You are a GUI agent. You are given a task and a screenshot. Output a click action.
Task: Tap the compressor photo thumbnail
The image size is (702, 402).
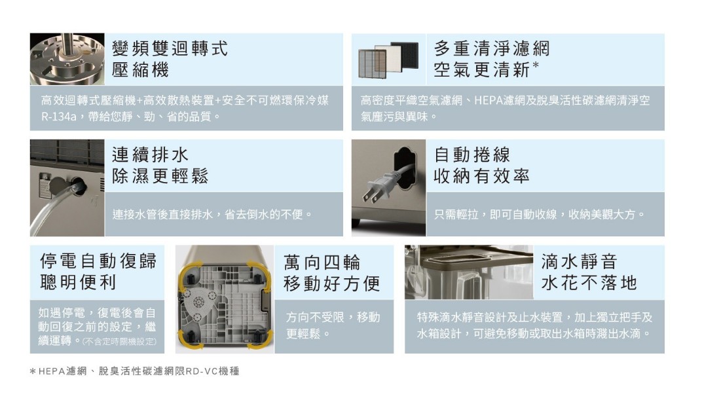(67, 59)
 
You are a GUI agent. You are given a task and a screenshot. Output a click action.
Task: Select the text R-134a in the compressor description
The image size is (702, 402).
(59, 117)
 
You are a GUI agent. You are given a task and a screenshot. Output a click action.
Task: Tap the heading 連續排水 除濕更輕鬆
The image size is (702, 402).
(160, 165)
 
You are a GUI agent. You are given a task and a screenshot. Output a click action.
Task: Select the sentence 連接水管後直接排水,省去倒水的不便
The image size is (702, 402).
(212, 215)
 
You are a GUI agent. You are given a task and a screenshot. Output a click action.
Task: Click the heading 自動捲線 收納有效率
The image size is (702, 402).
(481, 165)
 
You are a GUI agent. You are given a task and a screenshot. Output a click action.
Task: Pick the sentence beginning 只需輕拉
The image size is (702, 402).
(540, 215)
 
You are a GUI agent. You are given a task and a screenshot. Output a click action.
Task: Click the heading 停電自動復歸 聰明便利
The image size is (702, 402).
(98, 271)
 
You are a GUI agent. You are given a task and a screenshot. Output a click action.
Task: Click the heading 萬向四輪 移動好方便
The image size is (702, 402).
(332, 272)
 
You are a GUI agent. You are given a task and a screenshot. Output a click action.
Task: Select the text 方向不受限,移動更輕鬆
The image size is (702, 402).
(333, 325)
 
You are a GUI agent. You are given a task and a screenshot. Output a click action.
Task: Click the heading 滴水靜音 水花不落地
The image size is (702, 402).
(589, 272)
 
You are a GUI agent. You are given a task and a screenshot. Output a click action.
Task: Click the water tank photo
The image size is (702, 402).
(469, 272)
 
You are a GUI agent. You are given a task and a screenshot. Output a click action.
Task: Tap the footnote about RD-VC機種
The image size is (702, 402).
(134, 371)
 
